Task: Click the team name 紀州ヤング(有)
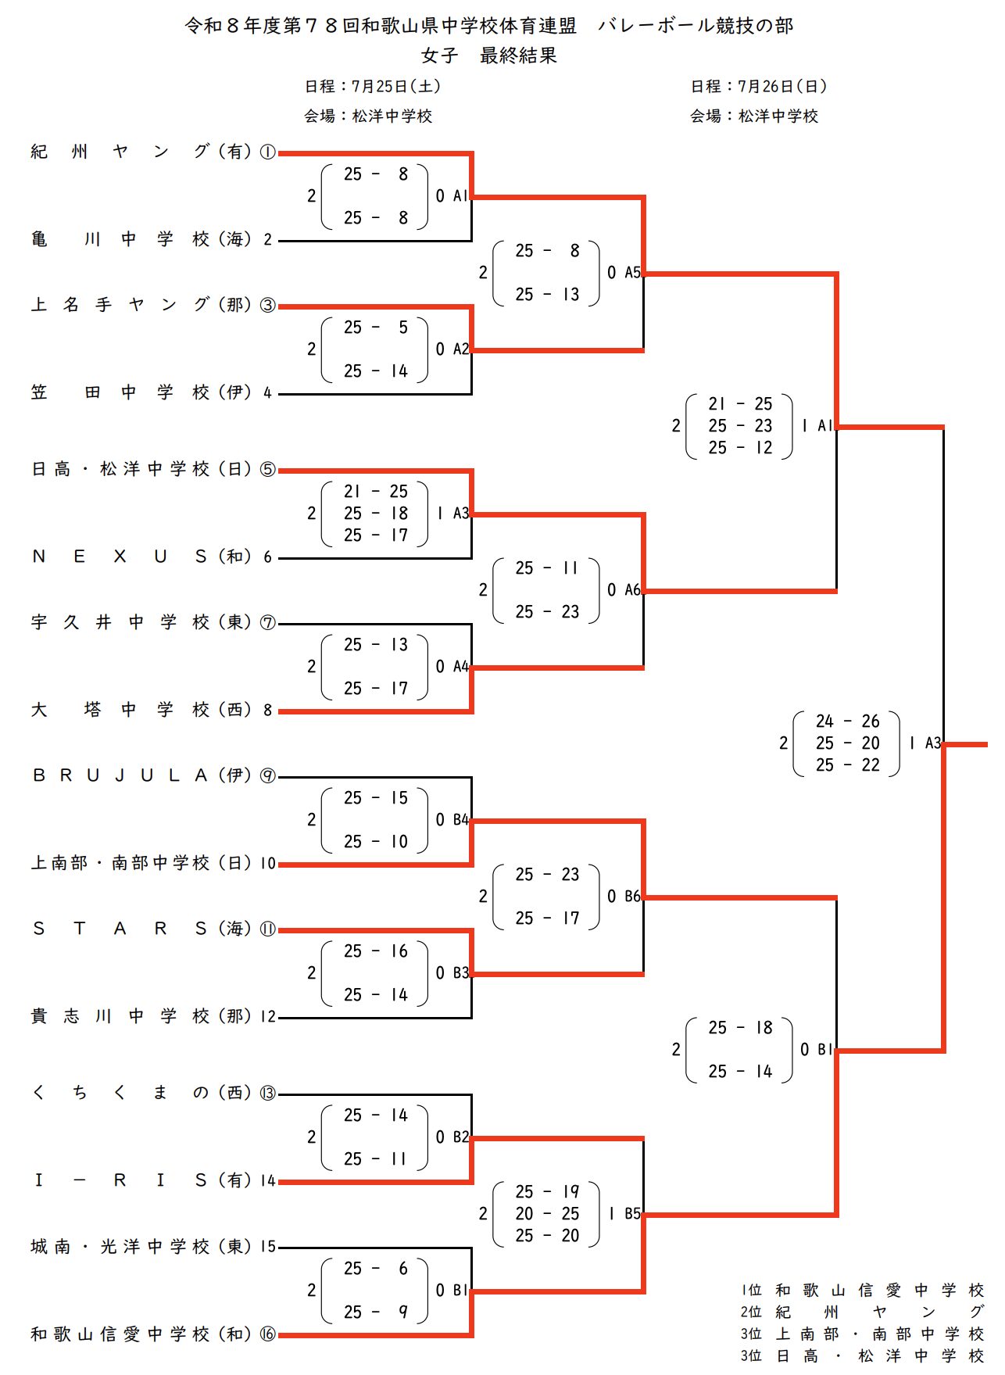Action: click(141, 152)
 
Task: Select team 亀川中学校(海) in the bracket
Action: click(141, 239)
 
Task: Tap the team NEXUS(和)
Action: click(141, 557)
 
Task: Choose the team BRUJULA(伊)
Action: click(141, 775)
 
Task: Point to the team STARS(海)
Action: click(141, 929)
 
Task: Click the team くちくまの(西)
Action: click(141, 1093)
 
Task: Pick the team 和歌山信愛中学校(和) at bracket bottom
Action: click(141, 1334)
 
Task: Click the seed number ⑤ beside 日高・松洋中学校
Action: click(267, 469)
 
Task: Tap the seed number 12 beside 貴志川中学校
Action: click(268, 1016)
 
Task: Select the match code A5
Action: click(632, 273)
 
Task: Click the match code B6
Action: click(632, 897)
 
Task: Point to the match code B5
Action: click(632, 1214)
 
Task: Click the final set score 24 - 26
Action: click(847, 721)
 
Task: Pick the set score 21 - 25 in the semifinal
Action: click(740, 403)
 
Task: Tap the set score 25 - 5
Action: click(376, 327)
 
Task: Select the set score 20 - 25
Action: click(547, 1213)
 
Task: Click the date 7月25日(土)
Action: click(396, 86)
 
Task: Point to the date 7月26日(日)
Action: click(782, 86)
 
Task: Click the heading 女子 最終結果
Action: click(489, 56)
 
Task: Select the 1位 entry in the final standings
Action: click(863, 1290)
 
